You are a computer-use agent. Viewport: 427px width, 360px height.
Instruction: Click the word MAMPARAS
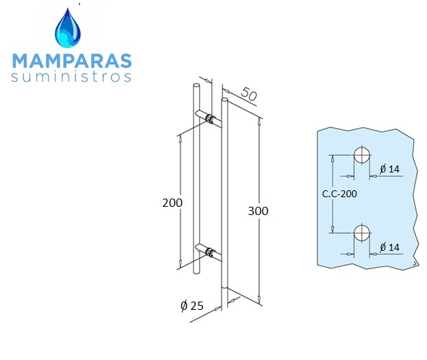(72, 60)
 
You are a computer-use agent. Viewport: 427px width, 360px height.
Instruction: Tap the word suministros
(71, 76)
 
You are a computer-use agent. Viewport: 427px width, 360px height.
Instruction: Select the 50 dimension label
(249, 93)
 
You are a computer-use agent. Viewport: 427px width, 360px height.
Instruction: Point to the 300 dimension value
(258, 211)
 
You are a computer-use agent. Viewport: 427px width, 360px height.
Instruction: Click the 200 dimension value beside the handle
(172, 203)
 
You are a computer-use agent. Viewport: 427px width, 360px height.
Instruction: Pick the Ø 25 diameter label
(192, 306)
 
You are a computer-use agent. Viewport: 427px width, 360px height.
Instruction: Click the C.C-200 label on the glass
(339, 194)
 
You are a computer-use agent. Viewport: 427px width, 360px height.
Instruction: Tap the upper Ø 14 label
(390, 169)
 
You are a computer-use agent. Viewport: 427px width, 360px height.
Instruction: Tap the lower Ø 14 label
(390, 247)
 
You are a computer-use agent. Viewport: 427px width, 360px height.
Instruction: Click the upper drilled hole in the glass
(362, 155)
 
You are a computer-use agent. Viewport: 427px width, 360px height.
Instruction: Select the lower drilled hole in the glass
(362, 233)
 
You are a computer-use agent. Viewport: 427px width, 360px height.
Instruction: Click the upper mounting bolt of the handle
(211, 119)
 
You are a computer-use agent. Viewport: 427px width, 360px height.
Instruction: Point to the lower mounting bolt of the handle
(210, 252)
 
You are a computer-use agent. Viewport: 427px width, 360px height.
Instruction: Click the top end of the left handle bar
(196, 85)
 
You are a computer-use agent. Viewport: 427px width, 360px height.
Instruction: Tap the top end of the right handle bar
(224, 100)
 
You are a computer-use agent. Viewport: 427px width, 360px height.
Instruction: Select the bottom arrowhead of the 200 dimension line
(180, 264)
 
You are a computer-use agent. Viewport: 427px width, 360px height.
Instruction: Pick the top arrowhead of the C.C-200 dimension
(332, 159)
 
